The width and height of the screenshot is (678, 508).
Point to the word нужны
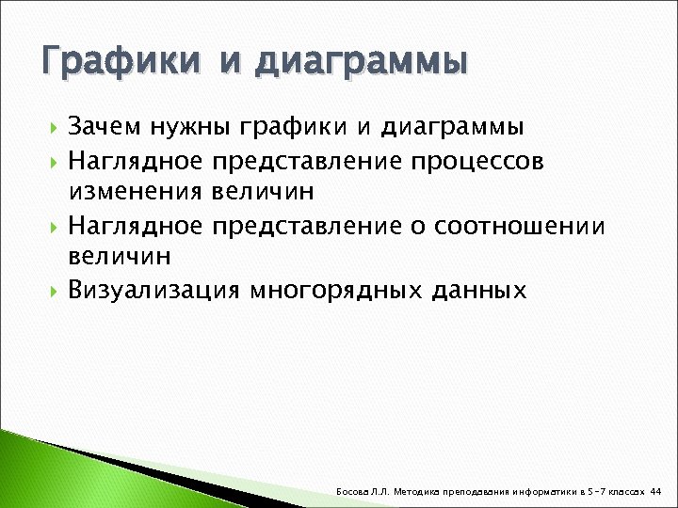pos(198,127)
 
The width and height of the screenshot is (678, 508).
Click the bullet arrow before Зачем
pos(53,127)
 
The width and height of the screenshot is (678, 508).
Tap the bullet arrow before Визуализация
pos(53,291)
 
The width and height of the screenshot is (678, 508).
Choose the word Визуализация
pos(153,291)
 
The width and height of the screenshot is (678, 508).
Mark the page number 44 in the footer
pos(656,491)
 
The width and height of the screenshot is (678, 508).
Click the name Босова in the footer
pos(351,491)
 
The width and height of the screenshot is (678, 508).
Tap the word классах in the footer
pos(627,491)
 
